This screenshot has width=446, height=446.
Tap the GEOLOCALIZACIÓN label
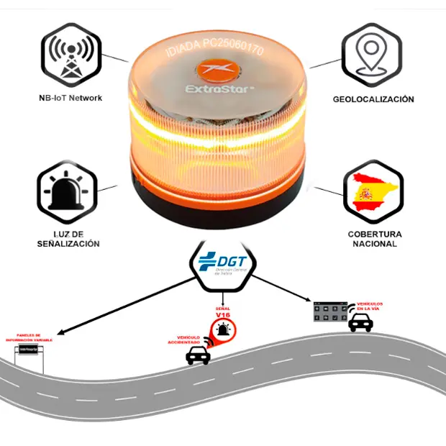pyautogui.click(x=373, y=99)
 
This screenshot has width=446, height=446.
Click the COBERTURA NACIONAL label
pyautogui.click(x=375, y=239)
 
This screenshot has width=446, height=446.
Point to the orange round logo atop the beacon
pyautogui.click(x=216, y=70)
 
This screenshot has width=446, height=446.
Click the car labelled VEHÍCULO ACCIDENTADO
pyautogui.click(x=198, y=355)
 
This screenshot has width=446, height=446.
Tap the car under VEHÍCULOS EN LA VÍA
pyautogui.click(x=360, y=322)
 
